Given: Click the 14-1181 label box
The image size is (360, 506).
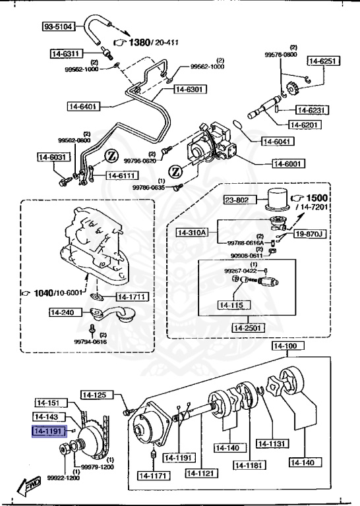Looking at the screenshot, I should (249, 464).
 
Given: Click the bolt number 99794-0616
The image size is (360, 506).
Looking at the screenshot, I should (91, 341).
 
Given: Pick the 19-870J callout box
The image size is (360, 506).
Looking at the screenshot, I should (309, 233).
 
